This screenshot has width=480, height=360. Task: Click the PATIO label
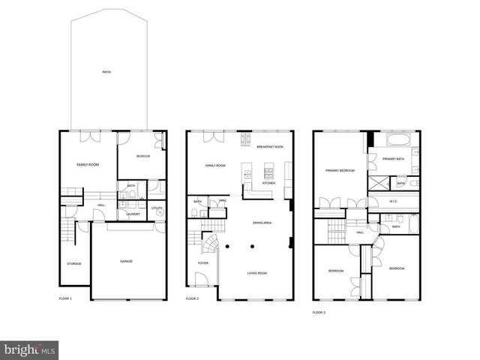coord(107,72)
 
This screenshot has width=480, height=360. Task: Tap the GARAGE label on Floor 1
coord(127,262)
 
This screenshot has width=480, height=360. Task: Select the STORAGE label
coord(74,263)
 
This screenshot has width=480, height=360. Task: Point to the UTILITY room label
coord(157,208)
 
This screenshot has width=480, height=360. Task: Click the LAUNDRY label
coord(133,214)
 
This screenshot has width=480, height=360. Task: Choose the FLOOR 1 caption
coord(65,298)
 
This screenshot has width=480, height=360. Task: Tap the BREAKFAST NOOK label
coord(269,147)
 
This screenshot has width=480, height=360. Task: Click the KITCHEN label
coord(269,183)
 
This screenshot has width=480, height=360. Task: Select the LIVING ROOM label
coord(257,273)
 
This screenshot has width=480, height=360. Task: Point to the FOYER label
coord(203,263)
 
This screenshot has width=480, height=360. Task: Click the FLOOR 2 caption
coord(193,298)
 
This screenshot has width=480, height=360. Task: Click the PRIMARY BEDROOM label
coord(340,170)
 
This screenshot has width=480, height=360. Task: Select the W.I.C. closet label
coord(393,201)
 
